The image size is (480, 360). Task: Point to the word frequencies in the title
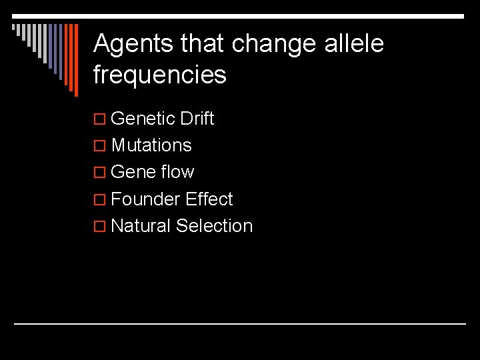pos(160,75)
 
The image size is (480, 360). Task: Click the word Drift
pos(197,119)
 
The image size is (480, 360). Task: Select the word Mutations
pos(152,145)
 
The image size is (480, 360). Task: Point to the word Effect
pos(210,199)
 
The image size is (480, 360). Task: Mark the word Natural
pos(141,226)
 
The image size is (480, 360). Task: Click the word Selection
pos(215,226)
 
